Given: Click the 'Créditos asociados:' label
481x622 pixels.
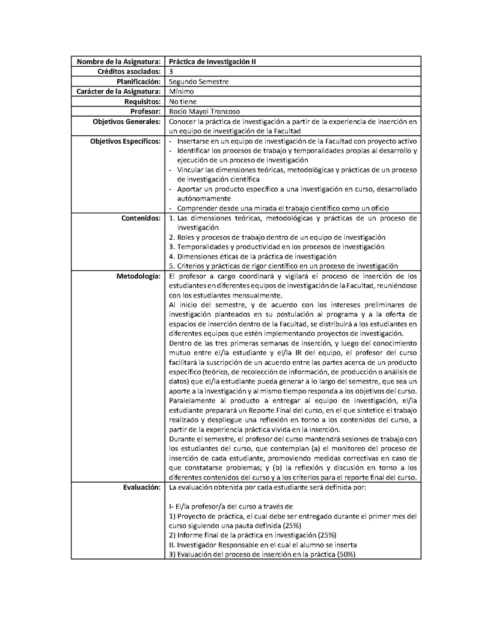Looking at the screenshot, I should click(128, 71).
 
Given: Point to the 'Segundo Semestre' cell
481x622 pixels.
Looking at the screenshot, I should click(198, 81).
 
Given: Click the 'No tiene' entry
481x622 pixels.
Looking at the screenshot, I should click(183, 101).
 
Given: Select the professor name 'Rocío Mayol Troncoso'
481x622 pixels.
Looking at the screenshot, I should click(204, 111).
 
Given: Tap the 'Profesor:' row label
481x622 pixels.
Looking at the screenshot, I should click(145, 111).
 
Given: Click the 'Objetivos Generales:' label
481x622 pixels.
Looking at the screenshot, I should click(126, 121).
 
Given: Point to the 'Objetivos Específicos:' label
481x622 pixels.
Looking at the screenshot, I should click(124, 141).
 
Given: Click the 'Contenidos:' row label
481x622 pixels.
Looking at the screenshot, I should click(142, 218).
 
